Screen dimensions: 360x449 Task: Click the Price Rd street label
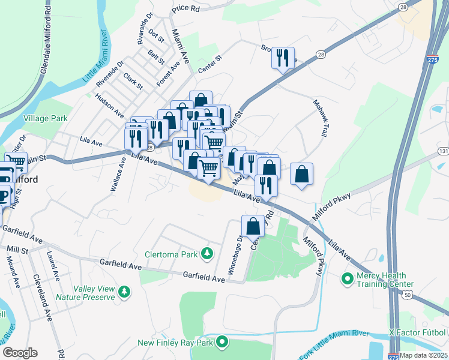(185, 9)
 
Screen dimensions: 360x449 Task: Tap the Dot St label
(156, 36)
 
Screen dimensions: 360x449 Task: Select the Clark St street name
(133, 81)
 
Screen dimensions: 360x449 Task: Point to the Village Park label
(45, 119)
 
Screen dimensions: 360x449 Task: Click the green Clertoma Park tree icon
(207, 254)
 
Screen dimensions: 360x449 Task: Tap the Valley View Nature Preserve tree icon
(124, 292)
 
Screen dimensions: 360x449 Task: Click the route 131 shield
(443, 151)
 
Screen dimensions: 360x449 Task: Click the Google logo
(20, 353)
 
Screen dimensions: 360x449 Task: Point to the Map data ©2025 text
(424, 355)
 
